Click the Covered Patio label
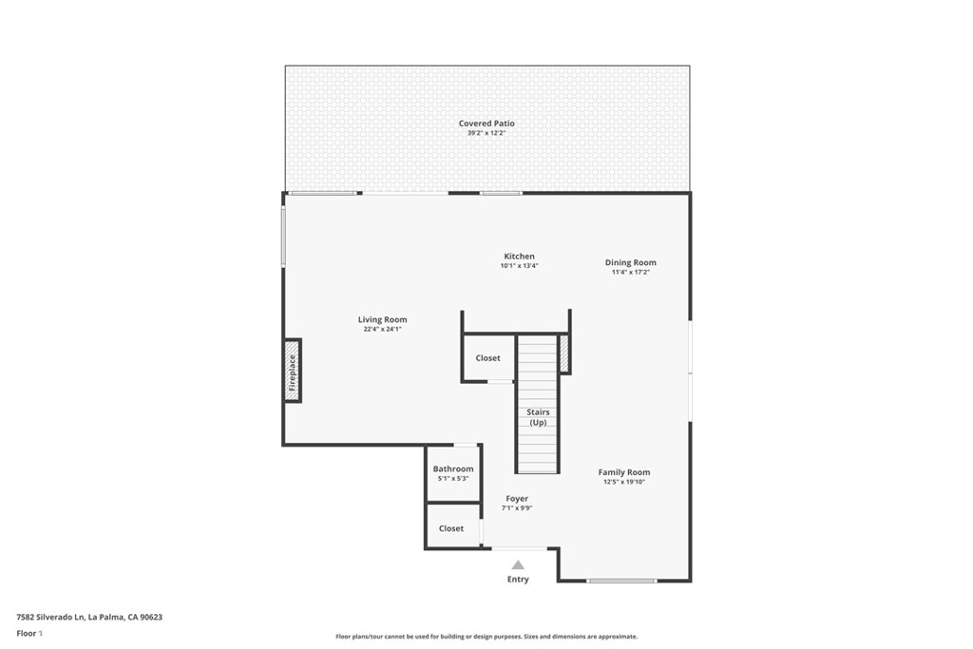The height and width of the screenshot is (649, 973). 486,124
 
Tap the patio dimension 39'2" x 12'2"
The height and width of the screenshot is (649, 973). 486,134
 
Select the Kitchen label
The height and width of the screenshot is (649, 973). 519,257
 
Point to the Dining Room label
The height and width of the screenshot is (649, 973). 630,262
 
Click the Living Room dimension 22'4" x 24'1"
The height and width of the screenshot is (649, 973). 382,329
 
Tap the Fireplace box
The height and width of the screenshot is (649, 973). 293,371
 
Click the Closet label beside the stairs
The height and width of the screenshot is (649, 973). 487,358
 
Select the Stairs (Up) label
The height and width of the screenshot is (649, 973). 538,417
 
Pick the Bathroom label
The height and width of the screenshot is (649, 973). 452,468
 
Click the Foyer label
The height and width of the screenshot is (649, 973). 517,498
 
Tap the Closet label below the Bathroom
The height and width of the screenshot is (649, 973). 451,528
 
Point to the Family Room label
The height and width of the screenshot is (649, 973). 623,472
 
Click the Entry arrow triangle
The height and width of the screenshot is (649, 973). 518,564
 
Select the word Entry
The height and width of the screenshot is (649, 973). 518,579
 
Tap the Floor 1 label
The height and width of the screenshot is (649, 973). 29,633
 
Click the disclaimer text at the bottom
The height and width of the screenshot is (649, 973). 486,637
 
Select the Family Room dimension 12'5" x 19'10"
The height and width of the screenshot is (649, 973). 623,482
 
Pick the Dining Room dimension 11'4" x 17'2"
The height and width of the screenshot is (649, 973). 630,272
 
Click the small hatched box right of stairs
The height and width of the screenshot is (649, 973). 564,353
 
